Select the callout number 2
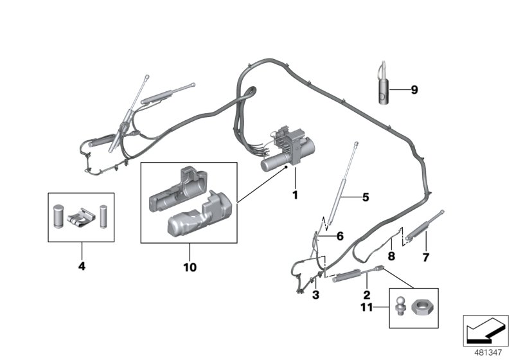coord(366,295)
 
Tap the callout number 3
coord(315,295)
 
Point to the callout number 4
coord(81,265)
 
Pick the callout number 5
coord(366,197)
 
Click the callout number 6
coord(340,237)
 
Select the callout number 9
coord(414,90)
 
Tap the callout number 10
coord(190,266)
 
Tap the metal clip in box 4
coord(82,215)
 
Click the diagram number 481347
coord(489,352)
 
